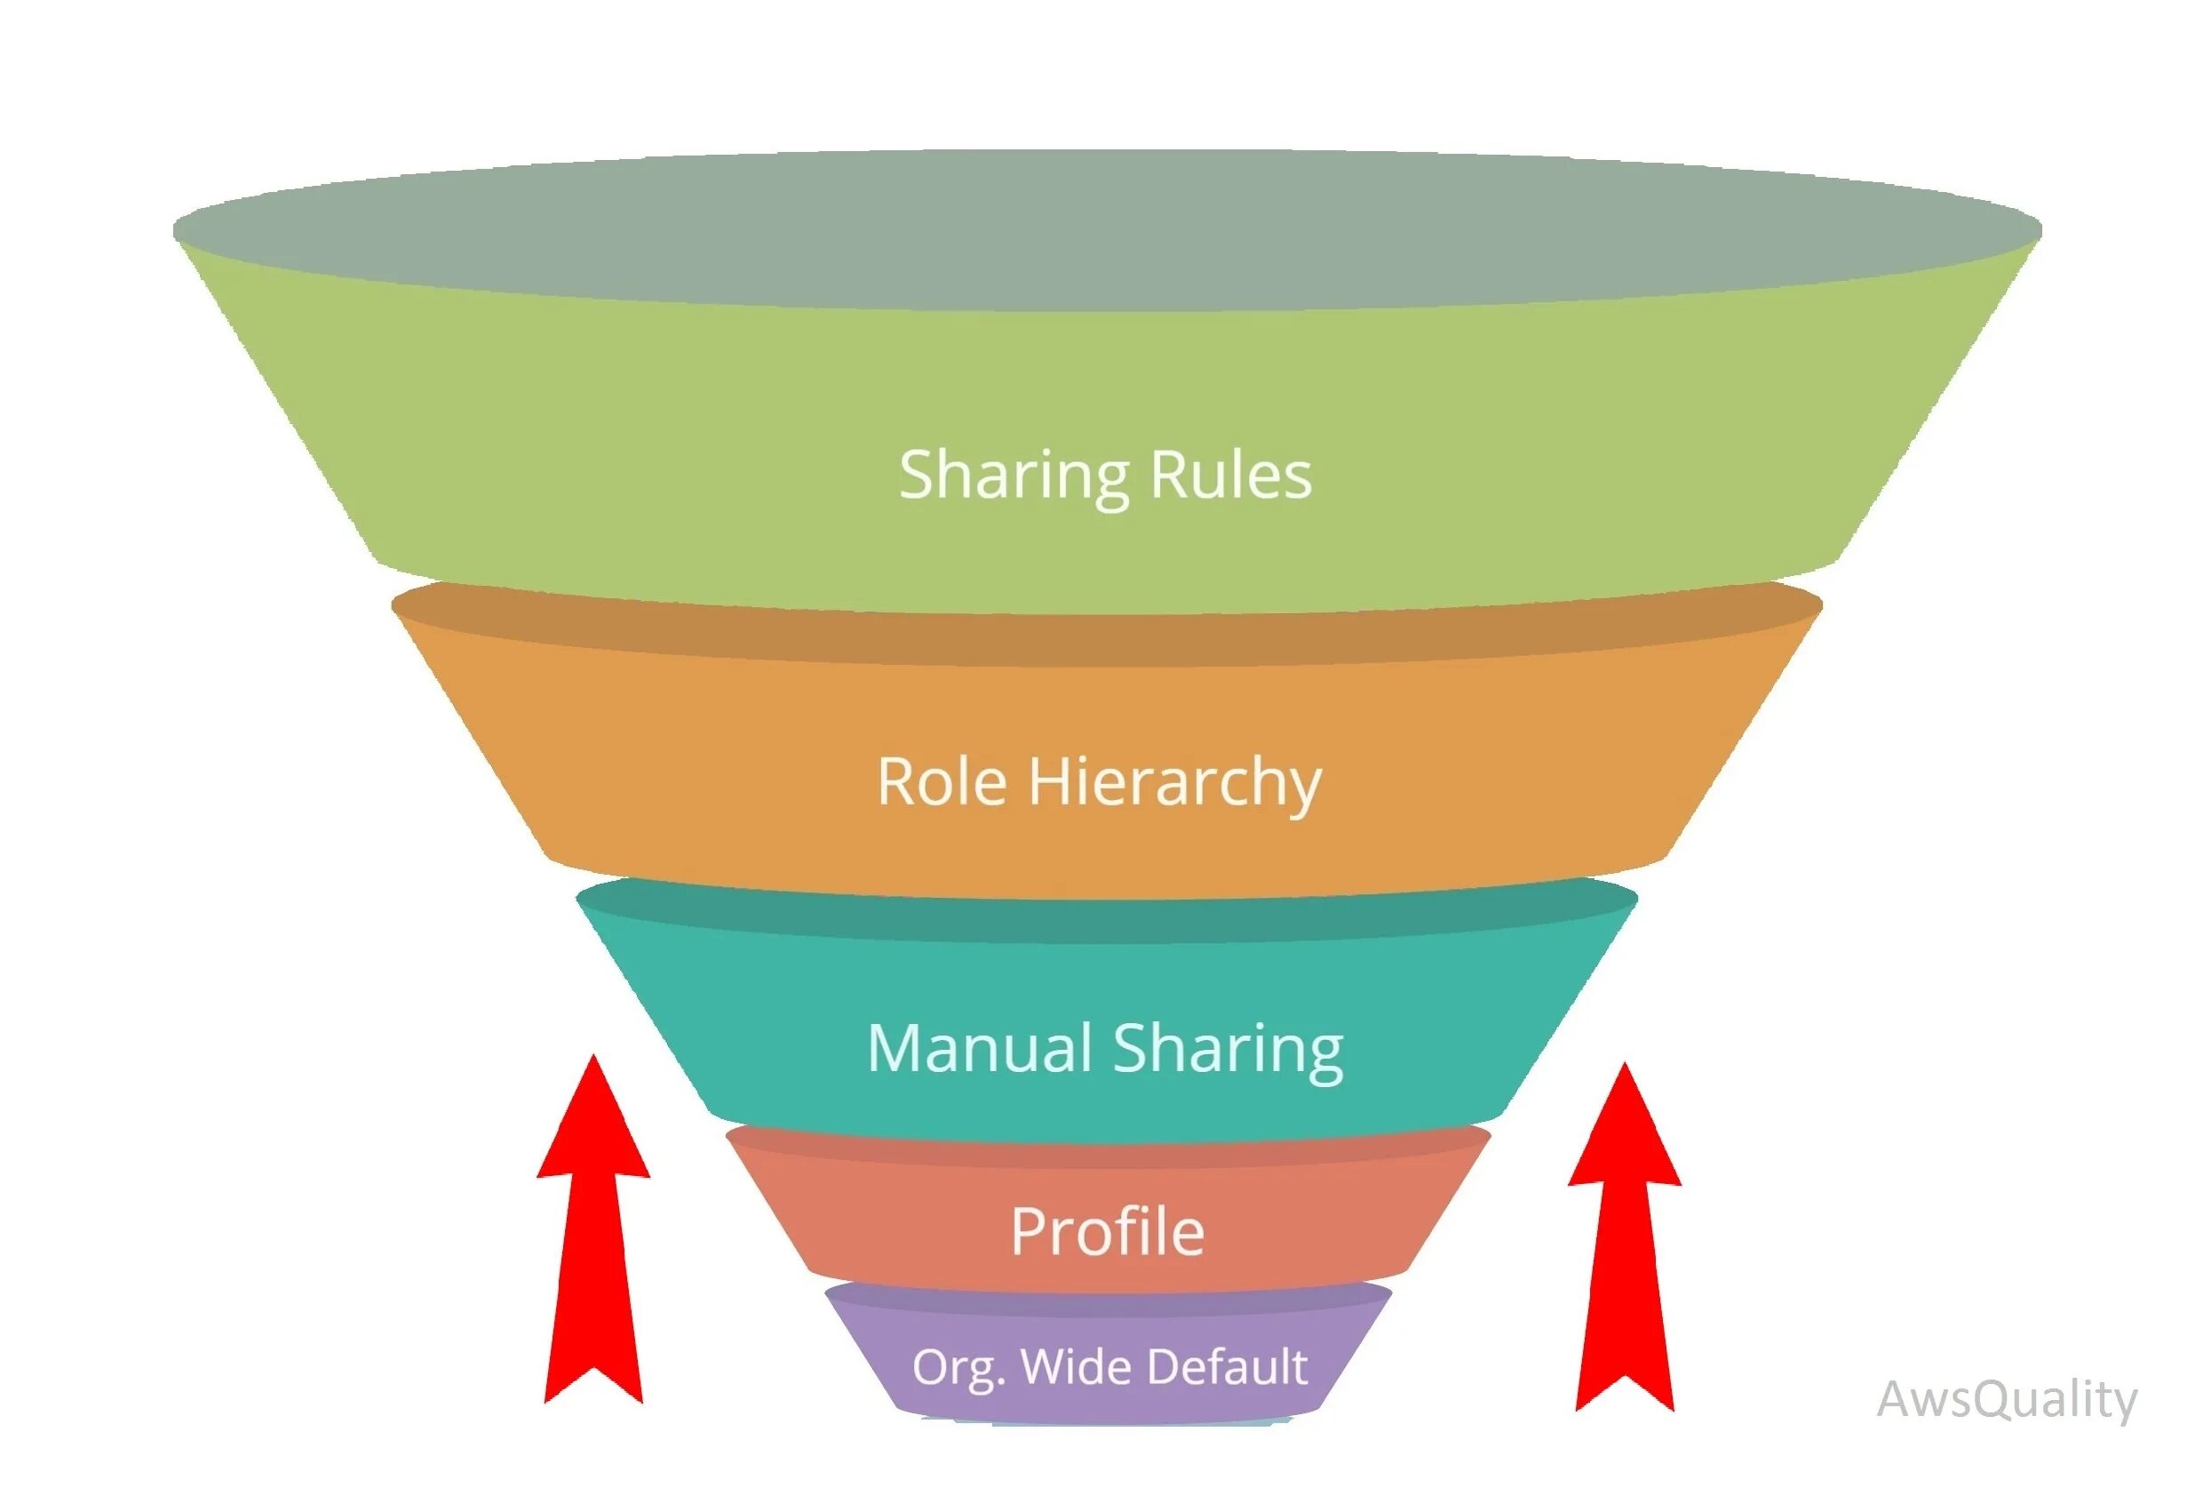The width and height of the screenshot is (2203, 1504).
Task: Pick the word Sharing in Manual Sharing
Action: pyautogui.click(x=1228, y=1050)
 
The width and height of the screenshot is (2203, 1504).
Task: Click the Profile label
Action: pyautogui.click(x=1107, y=1232)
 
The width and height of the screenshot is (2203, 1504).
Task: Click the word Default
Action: pyautogui.click(x=1228, y=1366)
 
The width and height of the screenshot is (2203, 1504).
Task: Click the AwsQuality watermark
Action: pyautogui.click(x=2007, y=1400)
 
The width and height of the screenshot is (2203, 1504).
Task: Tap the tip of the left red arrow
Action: pyautogui.click(x=594, y=1060)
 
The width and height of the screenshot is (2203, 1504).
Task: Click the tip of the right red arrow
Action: pyautogui.click(x=1625, y=1068)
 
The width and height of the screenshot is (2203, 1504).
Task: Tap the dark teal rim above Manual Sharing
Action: pyautogui.click(x=1106, y=920)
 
